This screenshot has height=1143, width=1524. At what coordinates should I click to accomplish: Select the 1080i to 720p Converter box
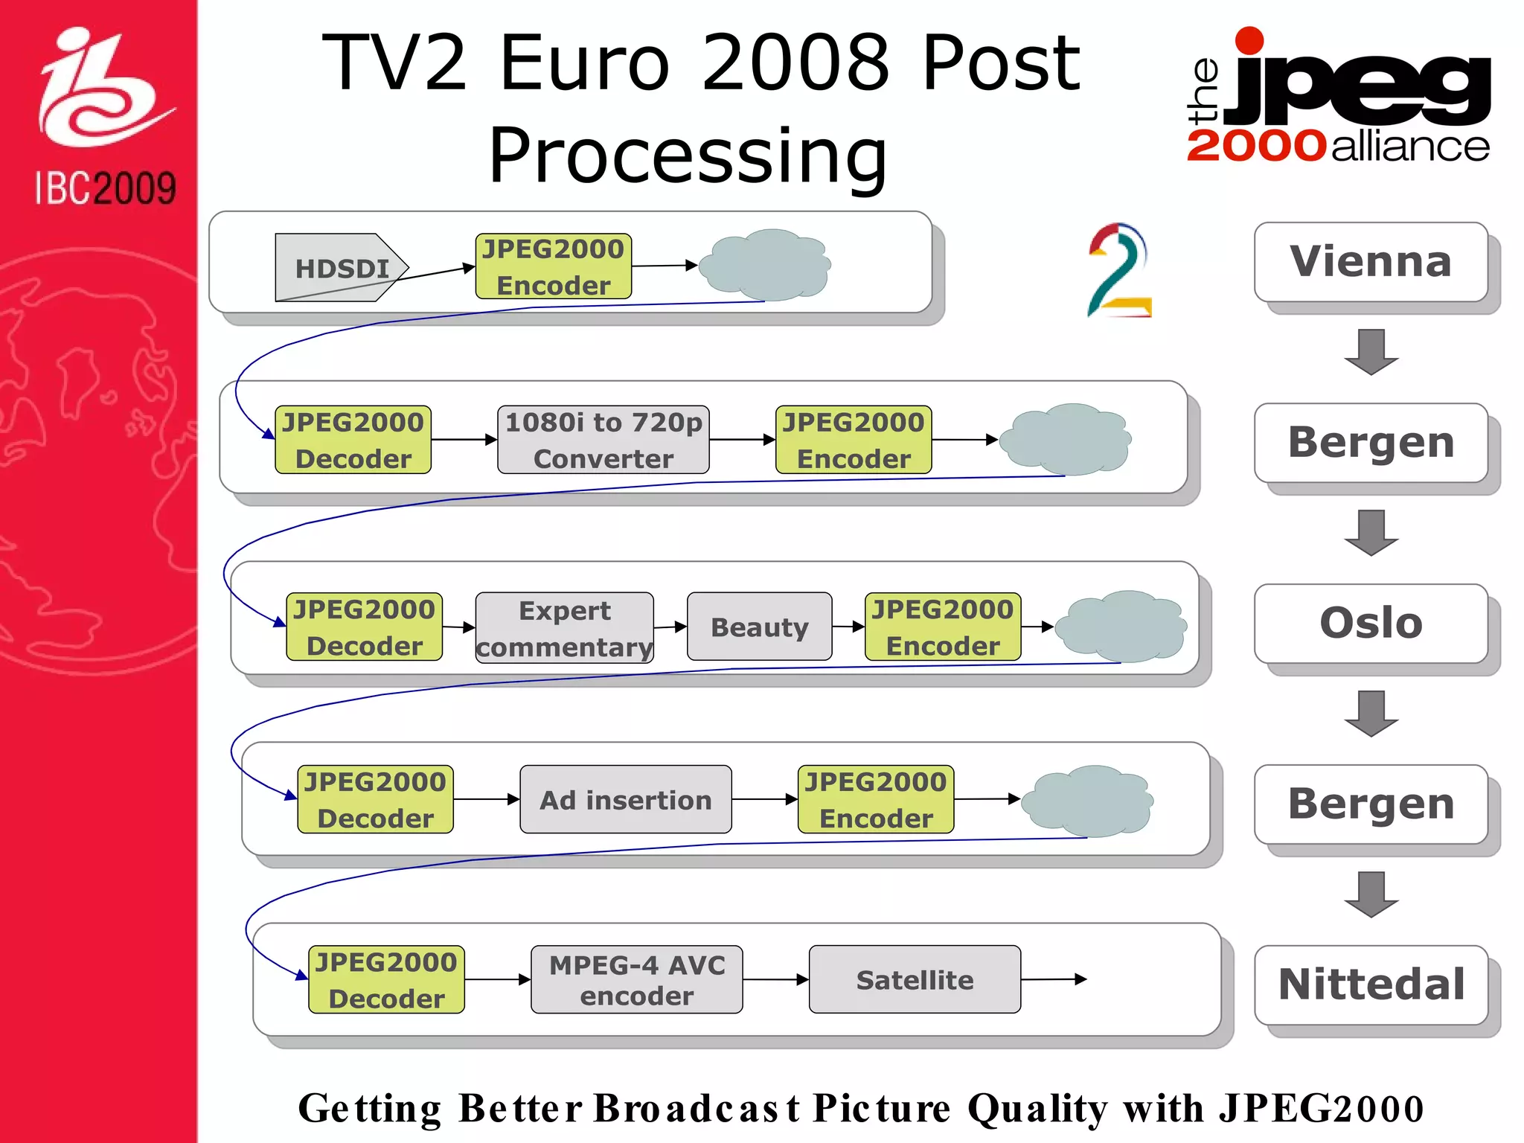[603, 440]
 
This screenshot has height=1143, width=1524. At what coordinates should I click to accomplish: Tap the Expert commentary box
[564, 627]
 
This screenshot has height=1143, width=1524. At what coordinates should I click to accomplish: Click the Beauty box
[759, 627]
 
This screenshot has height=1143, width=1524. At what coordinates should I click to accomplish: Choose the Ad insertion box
[625, 800]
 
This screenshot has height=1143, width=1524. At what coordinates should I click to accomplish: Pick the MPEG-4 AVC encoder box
[636, 979]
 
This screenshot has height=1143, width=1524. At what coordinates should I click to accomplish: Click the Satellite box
[915, 979]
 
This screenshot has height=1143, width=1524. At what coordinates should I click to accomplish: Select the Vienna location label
[1370, 262]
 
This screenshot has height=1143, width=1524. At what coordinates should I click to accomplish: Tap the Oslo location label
[1370, 623]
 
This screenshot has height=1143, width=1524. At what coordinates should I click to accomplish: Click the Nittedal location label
[1370, 984]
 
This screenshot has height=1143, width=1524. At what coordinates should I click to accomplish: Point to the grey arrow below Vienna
[1371, 351]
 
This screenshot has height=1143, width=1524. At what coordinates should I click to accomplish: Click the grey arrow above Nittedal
[1371, 894]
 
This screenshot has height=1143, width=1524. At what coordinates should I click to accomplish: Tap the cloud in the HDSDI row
[767, 265]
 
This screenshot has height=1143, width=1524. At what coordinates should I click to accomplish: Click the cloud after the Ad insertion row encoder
[1087, 801]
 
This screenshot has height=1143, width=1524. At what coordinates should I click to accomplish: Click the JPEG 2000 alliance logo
[1338, 97]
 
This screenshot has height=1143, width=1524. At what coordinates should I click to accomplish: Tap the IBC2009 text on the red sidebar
[105, 188]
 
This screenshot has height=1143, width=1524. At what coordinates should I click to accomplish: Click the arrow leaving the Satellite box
[1054, 979]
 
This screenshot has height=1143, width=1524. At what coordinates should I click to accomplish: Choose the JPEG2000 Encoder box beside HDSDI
[553, 266]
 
